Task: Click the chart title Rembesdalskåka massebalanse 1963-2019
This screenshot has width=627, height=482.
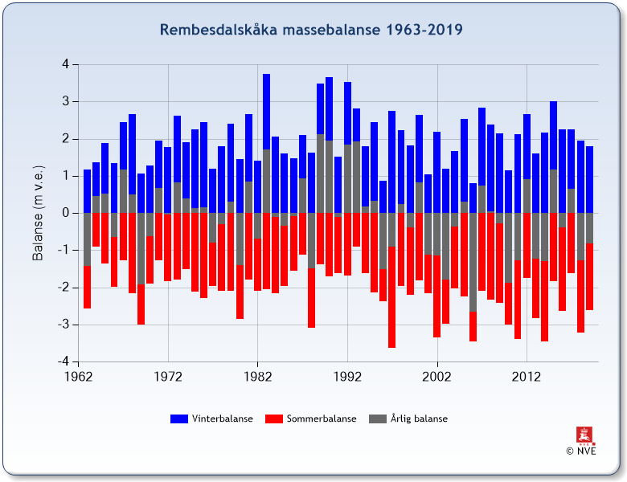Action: point(311,30)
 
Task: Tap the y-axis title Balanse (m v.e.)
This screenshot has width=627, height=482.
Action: point(38,213)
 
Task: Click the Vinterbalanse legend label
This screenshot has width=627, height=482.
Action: point(223,419)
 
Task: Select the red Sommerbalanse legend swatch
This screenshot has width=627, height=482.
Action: point(274,419)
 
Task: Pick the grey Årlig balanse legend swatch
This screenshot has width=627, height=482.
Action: point(378,419)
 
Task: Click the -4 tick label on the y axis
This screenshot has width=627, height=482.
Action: point(64,361)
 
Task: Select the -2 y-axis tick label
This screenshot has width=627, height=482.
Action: point(64,288)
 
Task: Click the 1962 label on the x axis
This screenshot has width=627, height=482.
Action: point(79,377)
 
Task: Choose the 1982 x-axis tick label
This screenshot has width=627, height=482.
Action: point(258,377)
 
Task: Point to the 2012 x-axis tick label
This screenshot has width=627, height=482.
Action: point(527,377)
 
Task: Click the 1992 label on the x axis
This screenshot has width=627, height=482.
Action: point(347,377)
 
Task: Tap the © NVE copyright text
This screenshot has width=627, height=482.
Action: point(581,451)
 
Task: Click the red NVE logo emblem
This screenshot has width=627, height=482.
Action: point(585,435)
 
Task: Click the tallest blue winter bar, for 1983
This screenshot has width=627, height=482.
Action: point(266,112)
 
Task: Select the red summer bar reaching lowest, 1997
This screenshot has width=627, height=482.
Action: point(392,297)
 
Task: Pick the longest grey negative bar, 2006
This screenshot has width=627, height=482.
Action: point(473,262)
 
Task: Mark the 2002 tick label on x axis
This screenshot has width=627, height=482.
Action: point(437,377)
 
